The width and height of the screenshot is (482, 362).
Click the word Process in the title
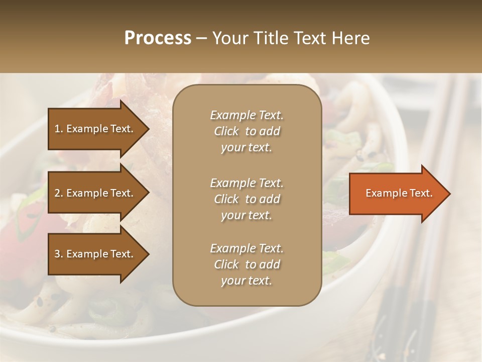(x=158, y=38)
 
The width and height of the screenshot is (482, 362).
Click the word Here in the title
(x=351, y=38)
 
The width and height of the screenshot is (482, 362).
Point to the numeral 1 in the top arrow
(x=57, y=129)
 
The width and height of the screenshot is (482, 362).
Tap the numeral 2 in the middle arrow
(x=57, y=193)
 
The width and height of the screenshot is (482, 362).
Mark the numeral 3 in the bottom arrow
(x=57, y=254)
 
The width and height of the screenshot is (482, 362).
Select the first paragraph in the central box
(x=247, y=131)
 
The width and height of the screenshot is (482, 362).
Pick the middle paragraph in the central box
(x=247, y=199)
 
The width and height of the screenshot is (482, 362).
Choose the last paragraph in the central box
(x=247, y=264)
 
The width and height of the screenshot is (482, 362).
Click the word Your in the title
(x=229, y=38)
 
